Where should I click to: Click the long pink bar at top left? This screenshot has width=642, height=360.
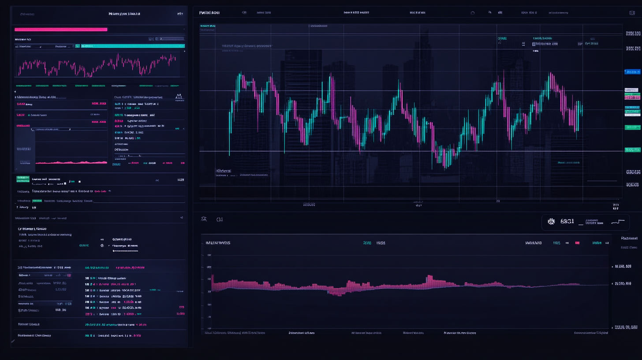[x=61, y=30]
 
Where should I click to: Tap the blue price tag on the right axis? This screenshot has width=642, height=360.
[x=632, y=71]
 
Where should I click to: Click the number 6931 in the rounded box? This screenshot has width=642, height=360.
[x=567, y=221]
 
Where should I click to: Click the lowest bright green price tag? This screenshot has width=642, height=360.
[x=632, y=150]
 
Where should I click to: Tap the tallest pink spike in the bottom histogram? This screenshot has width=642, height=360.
[x=429, y=280]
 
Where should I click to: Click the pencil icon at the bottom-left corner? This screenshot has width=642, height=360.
[x=13, y=341]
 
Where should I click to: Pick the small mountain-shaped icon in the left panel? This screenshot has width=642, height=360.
[x=179, y=96]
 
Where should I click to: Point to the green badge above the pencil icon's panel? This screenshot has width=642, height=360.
[x=22, y=179]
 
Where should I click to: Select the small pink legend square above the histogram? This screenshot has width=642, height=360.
[x=577, y=243]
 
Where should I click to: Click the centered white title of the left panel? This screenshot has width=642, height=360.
[x=124, y=14]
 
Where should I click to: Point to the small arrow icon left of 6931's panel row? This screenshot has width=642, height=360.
[x=204, y=219]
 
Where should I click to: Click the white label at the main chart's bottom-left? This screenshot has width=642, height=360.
[x=224, y=170]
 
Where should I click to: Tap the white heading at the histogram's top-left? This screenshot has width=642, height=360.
[x=218, y=243]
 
